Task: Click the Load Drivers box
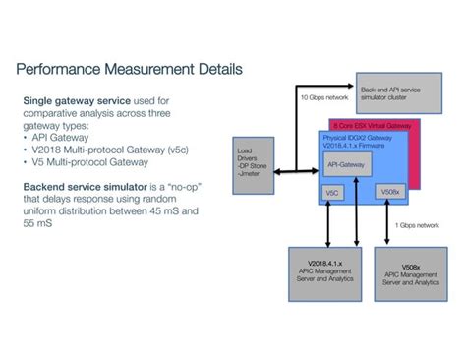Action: [x=254, y=164]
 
